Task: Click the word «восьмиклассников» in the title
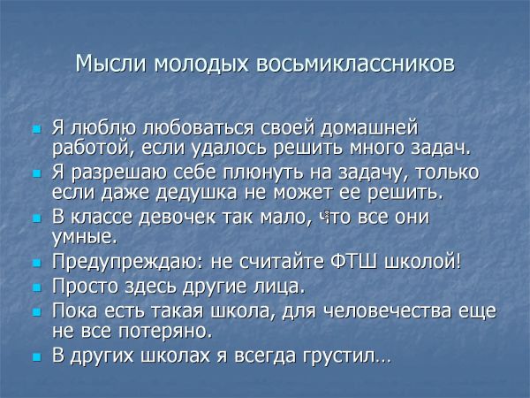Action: [356, 64]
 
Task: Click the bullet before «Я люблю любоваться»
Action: [37, 129]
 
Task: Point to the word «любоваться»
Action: [199, 128]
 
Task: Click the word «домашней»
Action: [369, 128]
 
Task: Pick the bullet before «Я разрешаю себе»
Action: [37, 174]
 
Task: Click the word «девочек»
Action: [178, 217]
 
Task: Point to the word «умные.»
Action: [84, 236]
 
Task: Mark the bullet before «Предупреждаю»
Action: [37, 263]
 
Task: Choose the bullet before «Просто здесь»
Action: [37, 287]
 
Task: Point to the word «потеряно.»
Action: [165, 330]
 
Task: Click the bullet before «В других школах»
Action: [37, 356]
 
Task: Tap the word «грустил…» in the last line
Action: [347, 356]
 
